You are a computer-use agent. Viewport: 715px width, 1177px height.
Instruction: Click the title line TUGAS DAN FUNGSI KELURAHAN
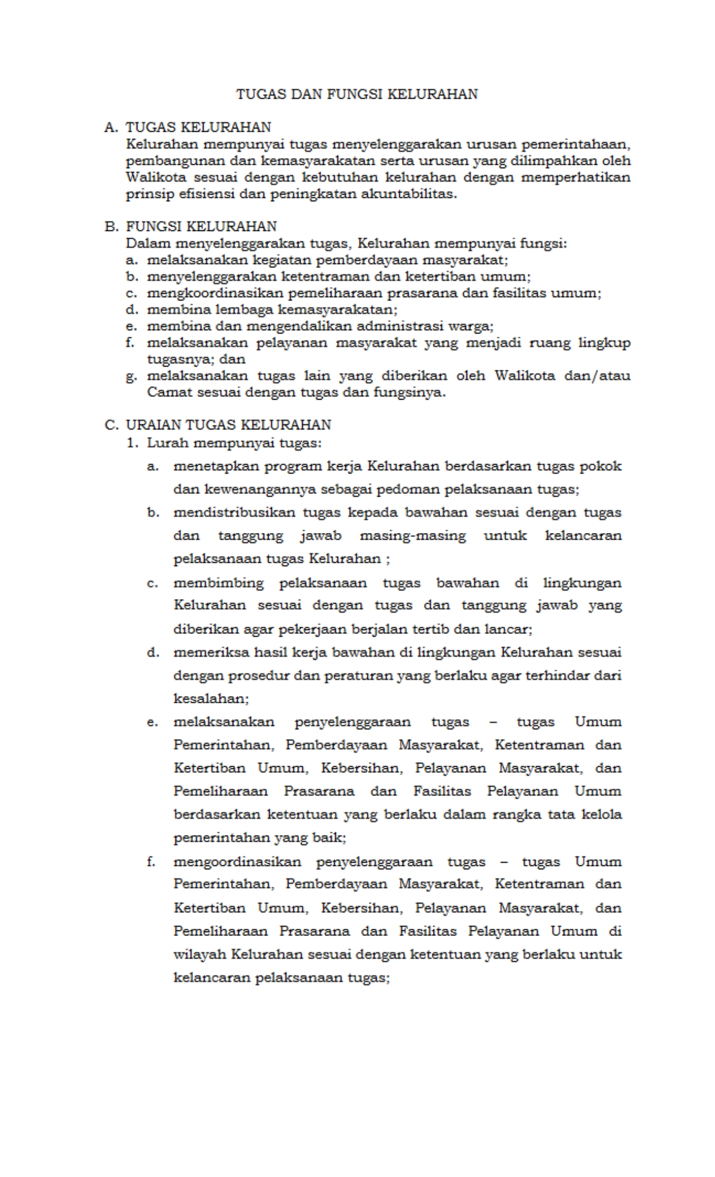357,94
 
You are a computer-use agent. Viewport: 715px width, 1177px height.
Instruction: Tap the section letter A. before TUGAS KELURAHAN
111,128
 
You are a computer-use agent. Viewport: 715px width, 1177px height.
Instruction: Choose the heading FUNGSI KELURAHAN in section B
201,227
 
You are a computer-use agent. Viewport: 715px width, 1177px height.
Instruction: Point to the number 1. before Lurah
132,443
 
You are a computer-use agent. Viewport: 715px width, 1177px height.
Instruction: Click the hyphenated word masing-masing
413,536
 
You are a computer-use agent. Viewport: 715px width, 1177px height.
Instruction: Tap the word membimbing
218,583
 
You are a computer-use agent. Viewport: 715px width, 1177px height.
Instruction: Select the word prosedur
260,676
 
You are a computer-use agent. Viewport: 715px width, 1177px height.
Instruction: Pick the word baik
333,838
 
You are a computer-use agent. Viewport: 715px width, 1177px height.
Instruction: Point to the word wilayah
199,954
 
